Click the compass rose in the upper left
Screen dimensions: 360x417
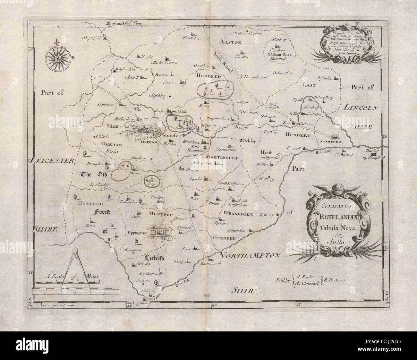(57, 58)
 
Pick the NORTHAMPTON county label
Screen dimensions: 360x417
(251, 255)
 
